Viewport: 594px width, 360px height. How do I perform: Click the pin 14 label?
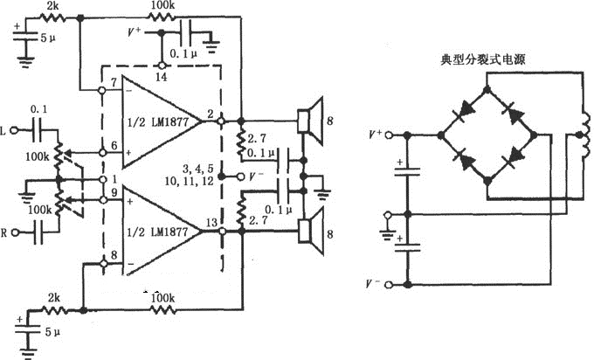tap(162, 78)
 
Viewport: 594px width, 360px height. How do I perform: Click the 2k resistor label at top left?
tap(55, 7)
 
